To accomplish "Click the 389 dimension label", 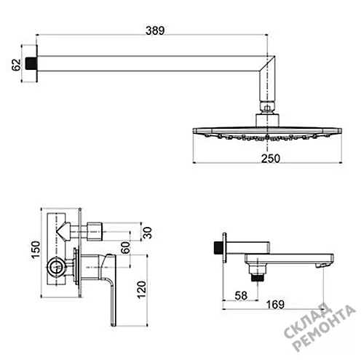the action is click(x=155, y=31).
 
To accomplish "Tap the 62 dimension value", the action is click(x=16, y=65).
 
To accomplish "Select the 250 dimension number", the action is click(x=271, y=159).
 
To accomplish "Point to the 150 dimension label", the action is click(x=36, y=250).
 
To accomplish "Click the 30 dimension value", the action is click(x=147, y=233).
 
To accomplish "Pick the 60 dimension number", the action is click(x=125, y=247).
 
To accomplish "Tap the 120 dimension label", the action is click(x=141, y=289).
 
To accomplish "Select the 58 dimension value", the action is click(x=241, y=295).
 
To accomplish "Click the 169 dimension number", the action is click(x=275, y=305).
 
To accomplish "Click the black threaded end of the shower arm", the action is click(x=31, y=63).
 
